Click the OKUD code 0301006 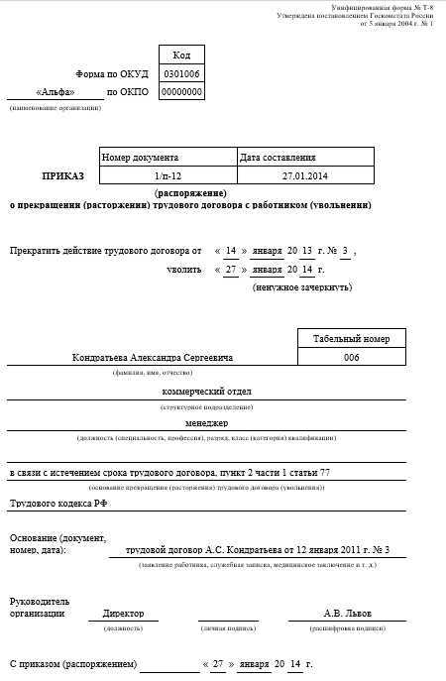(181, 74)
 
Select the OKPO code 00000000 (181, 92)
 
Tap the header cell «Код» (181, 56)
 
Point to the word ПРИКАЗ (63, 175)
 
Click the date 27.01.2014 (303, 175)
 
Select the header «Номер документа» (140, 158)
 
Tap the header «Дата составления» (279, 158)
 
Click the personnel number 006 (351, 358)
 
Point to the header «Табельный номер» (351, 339)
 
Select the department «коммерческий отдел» (206, 392)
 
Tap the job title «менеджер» (206, 422)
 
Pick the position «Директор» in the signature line (123, 614)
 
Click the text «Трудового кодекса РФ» (58, 504)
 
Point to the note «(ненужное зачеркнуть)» (288, 286)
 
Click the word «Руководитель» (40, 602)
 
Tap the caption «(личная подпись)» (227, 628)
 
